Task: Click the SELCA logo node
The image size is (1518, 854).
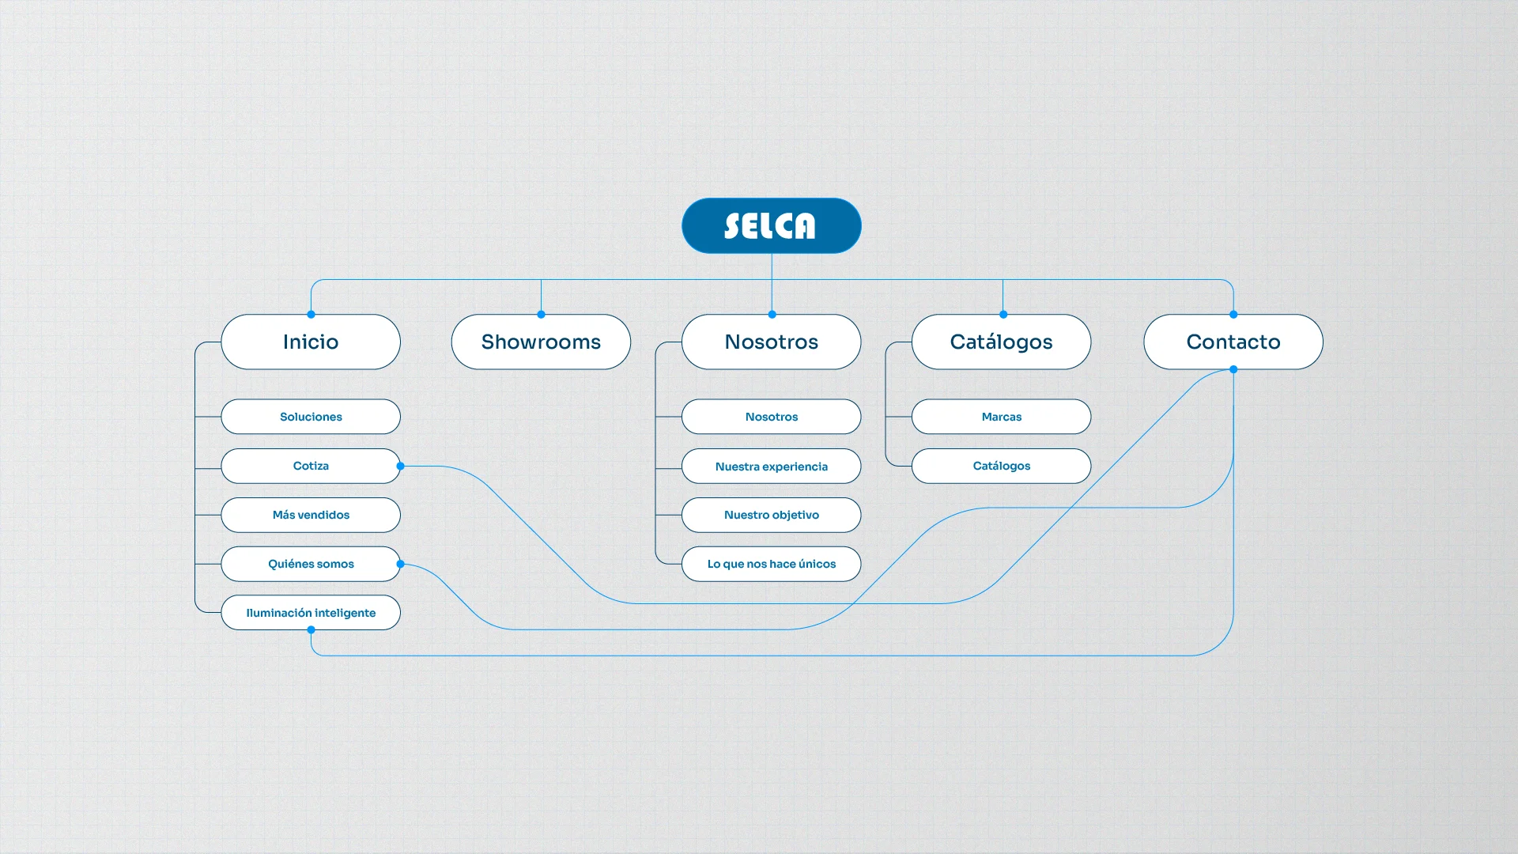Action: click(x=771, y=225)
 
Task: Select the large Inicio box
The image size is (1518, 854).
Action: click(x=311, y=342)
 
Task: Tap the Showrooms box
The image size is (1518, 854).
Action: click(x=541, y=342)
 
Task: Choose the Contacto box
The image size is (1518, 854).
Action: click(x=1233, y=342)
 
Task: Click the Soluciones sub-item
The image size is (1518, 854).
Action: click(x=311, y=417)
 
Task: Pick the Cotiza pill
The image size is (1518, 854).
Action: click(x=311, y=466)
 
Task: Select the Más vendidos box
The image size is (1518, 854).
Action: click(x=311, y=515)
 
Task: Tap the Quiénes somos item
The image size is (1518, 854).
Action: click(x=311, y=564)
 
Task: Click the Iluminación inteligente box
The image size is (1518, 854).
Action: click(x=311, y=613)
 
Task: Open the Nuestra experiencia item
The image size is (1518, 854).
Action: click(x=771, y=467)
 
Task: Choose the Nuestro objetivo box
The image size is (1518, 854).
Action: click(x=771, y=515)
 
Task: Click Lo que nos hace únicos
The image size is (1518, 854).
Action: click(x=771, y=564)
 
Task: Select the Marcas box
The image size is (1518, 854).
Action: click(x=1001, y=417)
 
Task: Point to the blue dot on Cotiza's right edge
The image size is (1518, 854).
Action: click(x=401, y=467)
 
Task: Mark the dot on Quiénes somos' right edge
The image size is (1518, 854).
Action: click(x=401, y=564)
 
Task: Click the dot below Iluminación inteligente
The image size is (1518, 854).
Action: click(x=312, y=630)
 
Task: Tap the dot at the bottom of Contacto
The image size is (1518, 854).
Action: click(x=1233, y=369)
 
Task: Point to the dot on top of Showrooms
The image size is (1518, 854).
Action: click(x=542, y=315)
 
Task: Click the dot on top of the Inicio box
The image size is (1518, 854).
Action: click(x=312, y=315)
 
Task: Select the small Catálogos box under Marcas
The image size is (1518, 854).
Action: click(x=1001, y=466)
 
